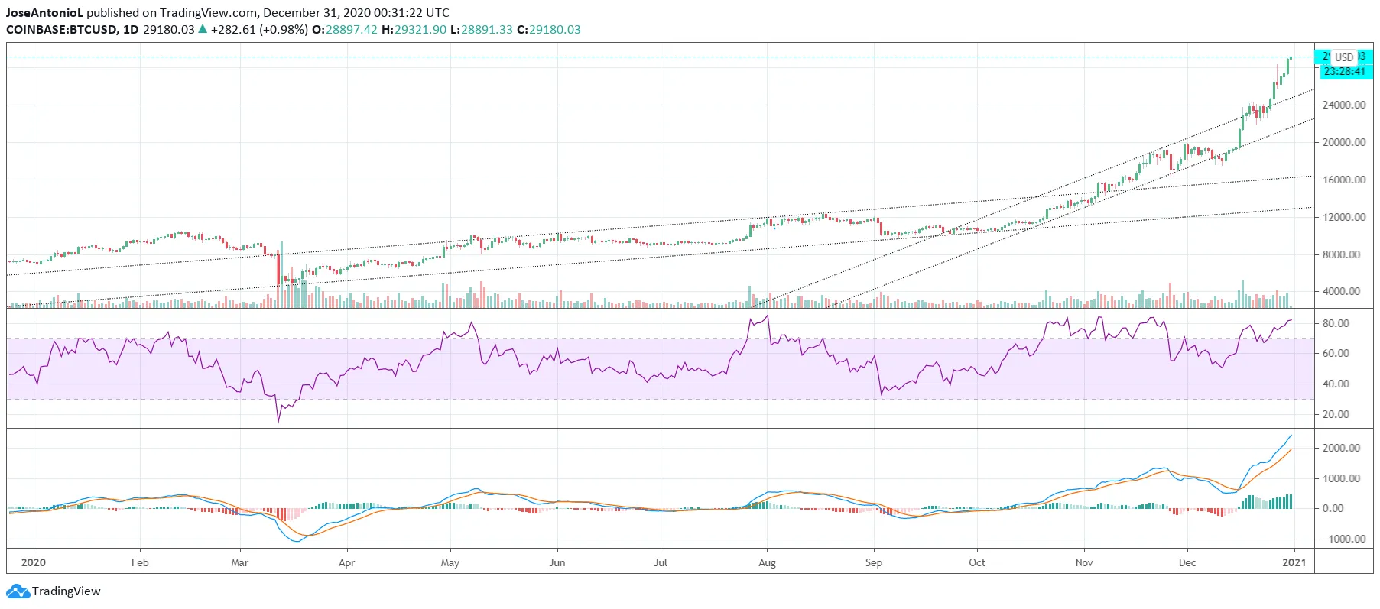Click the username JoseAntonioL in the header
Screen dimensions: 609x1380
pyautogui.click(x=44, y=12)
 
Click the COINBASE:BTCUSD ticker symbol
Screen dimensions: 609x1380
pyautogui.click(x=61, y=30)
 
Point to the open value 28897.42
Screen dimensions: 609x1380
pyautogui.click(x=351, y=30)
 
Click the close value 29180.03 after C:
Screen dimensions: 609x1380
pyautogui.click(x=554, y=30)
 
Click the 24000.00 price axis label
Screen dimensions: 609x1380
pyautogui.click(x=1343, y=105)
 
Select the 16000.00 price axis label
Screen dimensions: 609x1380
pyautogui.click(x=1343, y=180)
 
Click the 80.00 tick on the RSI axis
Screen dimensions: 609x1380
pyautogui.click(x=1336, y=323)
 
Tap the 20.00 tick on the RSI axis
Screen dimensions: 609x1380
pyautogui.click(x=1336, y=414)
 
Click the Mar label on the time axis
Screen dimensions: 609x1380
pyautogui.click(x=239, y=562)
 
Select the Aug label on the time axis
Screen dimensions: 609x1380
pyautogui.click(x=767, y=562)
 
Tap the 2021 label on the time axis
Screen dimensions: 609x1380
pyautogui.click(x=1294, y=562)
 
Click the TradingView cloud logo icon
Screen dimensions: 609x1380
pyautogui.click(x=18, y=591)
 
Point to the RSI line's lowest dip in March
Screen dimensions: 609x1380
pyautogui.click(x=278, y=420)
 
